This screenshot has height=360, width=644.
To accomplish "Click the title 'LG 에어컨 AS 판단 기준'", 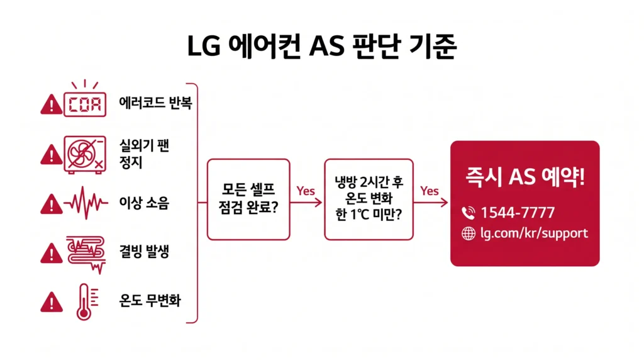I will [321, 47].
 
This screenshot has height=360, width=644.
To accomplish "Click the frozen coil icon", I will [85, 252].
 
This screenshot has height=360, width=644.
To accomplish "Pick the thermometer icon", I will [84, 301].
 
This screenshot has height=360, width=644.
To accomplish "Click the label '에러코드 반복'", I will [155, 103].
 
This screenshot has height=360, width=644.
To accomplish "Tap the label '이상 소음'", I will [144, 203].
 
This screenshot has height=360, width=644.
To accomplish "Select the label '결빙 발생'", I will [144, 252].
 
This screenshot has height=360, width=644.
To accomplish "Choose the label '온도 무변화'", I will [150, 301].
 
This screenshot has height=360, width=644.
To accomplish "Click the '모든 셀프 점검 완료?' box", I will [248, 199].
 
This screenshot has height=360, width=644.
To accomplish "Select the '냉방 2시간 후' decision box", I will [369, 199].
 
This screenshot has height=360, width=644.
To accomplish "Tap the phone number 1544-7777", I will [517, 212].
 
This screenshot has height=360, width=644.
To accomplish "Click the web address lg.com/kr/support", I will [533, 233].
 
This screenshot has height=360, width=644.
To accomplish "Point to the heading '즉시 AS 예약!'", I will [525, 177].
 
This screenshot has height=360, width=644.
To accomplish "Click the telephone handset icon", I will [468, 213].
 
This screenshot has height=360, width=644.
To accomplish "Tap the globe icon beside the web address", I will [469, 233].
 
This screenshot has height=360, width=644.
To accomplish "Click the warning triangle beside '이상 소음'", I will [48, 203].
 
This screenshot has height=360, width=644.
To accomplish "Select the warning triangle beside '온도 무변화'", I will [48, 302].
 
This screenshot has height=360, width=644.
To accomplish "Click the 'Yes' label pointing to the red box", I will [430, 191].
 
